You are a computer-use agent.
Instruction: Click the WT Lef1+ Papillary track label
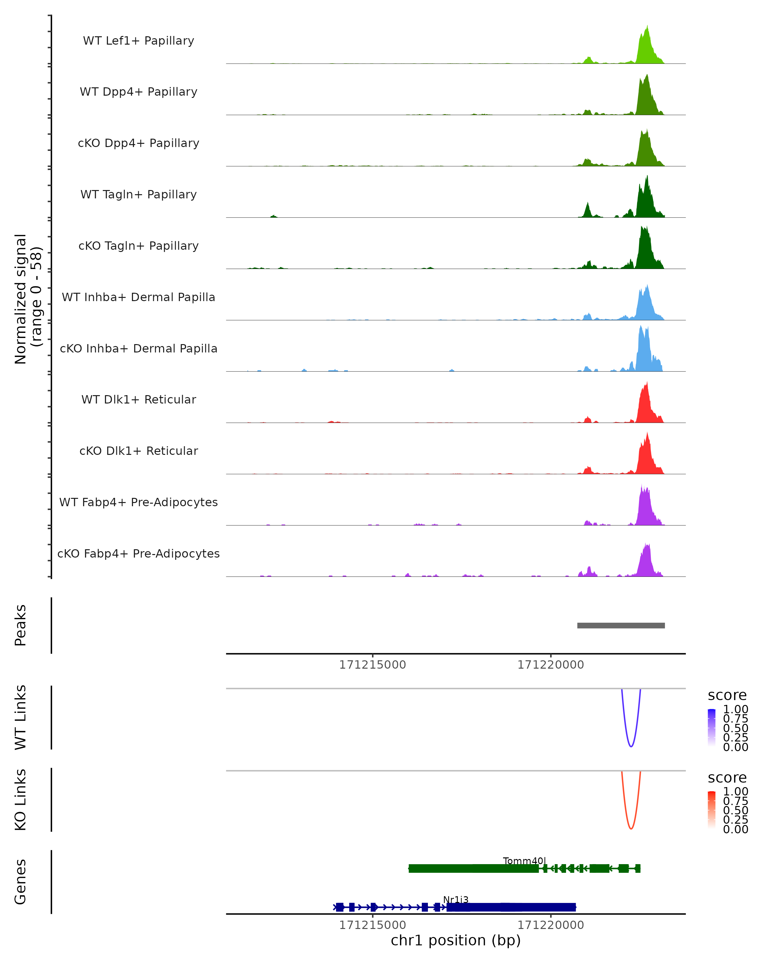point(138,41)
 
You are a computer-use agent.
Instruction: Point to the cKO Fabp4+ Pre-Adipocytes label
point(138,553)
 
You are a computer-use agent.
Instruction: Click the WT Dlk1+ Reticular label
point(138,399)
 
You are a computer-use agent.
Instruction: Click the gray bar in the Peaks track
point(621,625)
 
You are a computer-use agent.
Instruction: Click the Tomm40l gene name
point(524,861)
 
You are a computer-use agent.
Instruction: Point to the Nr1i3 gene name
point(456,899)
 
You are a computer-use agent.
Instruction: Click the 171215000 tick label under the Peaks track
point(372,665)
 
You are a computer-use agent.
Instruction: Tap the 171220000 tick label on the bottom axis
point(551,924)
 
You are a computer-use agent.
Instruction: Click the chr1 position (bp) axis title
point(456,941)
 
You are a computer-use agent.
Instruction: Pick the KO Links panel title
point(21,800)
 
